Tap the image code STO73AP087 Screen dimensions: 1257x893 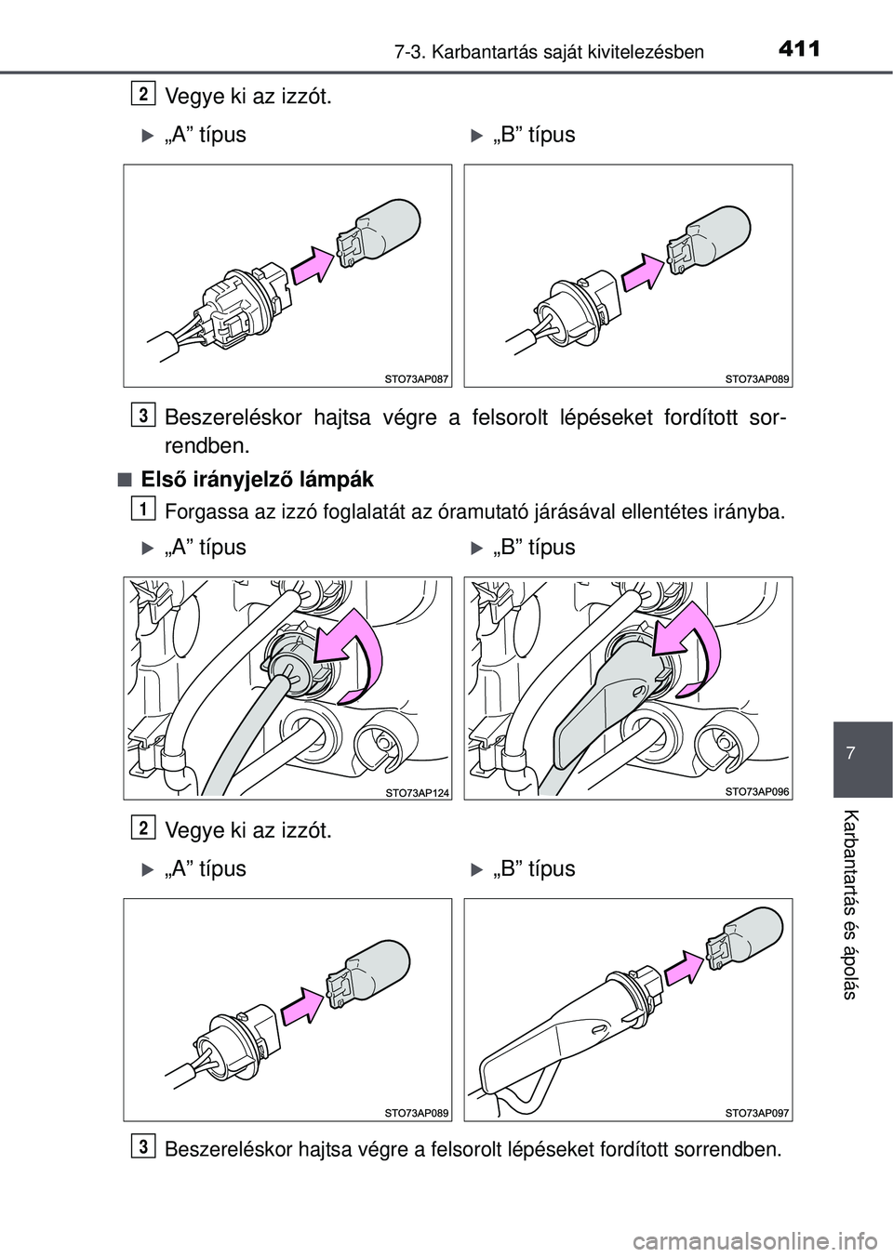tap(417, 378)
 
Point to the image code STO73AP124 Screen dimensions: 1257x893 tap(417, 791)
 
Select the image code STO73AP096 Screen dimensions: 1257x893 tap(756, 791)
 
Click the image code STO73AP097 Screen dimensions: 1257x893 tap(756, 1112)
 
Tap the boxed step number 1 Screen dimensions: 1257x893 tap(142, 508)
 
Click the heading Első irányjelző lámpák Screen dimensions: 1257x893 tap(258, 480)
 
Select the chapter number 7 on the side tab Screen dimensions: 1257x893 tap(862, 748)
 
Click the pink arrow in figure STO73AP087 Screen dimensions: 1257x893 tap(313, 267)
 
